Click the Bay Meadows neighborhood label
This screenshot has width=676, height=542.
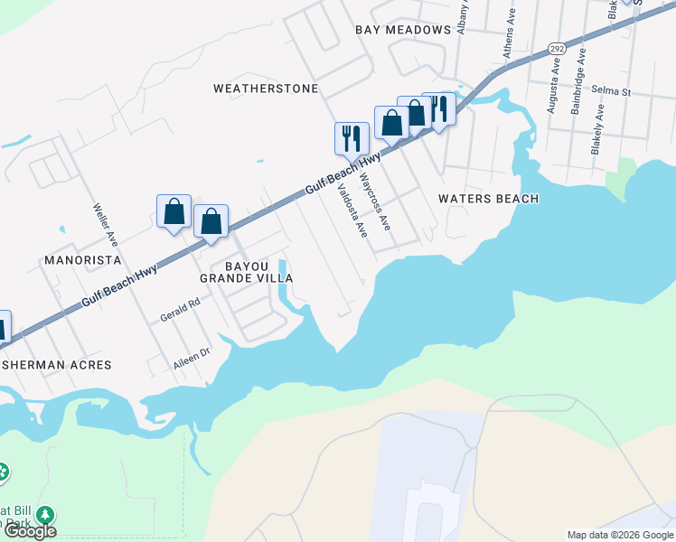(403, 30)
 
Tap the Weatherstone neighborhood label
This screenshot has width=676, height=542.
(266, 89)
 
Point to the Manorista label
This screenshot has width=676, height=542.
(82, 260)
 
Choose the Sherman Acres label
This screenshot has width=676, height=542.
(56, 365)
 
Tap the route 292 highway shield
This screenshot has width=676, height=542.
(556, 48)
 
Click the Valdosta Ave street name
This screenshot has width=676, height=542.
(352, 210)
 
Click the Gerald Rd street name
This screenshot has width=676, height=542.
(180, 312)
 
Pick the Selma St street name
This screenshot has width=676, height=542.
(611, 91)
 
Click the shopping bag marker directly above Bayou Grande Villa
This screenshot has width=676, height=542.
(211, 221)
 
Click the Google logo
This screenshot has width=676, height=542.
(29, 531)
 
